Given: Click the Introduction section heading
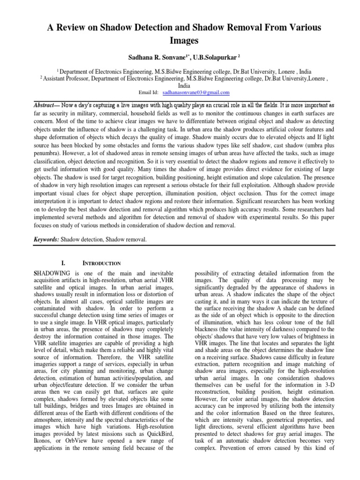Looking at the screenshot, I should pos(102,263).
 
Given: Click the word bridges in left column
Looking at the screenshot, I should pos(78,405).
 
